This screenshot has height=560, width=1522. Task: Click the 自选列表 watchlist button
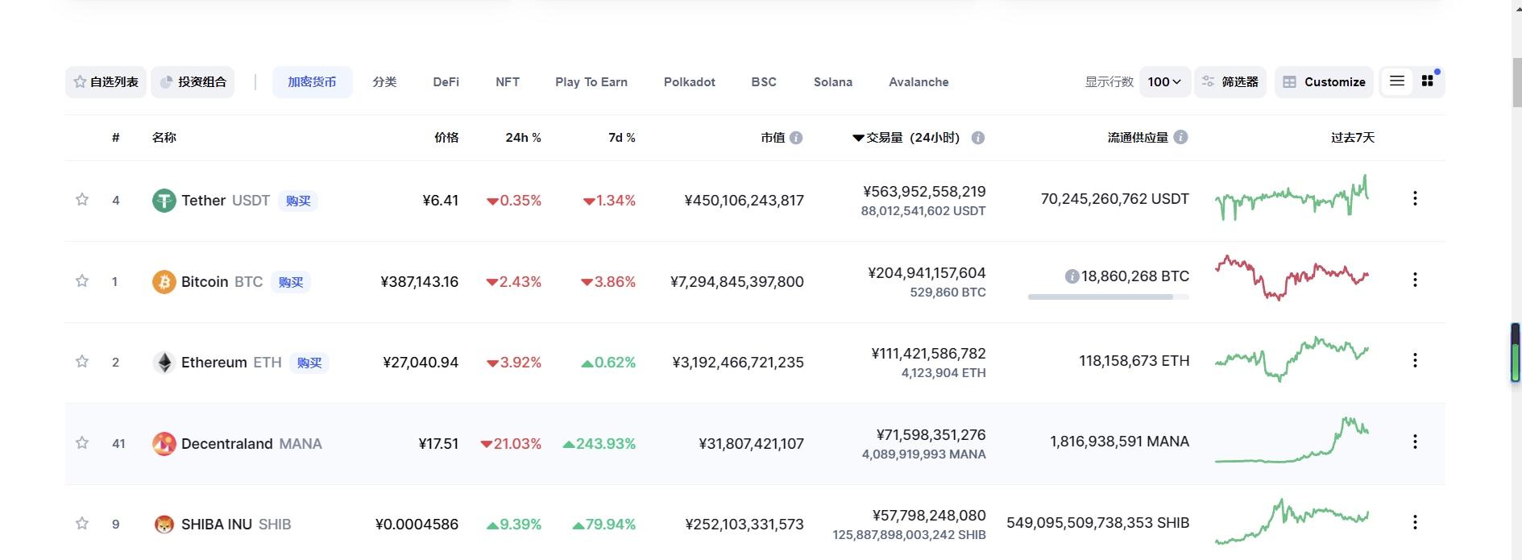[106, 82]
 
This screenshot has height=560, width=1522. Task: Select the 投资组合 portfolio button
[193, 82]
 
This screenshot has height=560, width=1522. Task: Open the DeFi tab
[446, 82]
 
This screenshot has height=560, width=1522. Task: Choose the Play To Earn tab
[591, 82]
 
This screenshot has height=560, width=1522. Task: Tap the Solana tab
[832, 82]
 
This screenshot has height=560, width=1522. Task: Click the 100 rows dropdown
[1164, 82]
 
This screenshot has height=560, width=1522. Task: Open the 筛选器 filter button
[1230, 82]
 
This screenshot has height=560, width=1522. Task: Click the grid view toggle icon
[1427, 81]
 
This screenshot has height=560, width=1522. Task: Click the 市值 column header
[773, 138]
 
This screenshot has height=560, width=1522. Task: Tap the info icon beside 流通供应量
[1180, 138]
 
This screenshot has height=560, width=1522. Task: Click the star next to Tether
[82, 199]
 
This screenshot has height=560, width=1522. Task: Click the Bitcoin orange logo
[164, 282]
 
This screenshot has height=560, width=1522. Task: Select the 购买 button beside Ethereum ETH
[309, 363]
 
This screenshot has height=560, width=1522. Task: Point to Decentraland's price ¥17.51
[438, 444]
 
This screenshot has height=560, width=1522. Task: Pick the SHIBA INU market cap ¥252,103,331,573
[744, 525]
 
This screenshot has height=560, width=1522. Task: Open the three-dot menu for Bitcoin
[1415, 280]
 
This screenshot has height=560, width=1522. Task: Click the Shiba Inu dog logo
[164, 525]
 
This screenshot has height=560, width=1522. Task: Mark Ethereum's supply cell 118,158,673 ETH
[1134, 361]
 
